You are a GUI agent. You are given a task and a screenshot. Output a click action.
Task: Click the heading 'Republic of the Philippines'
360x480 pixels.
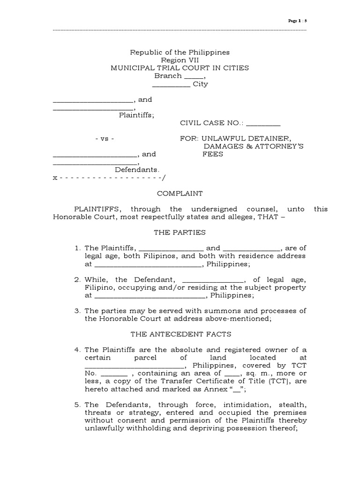tap(180, 52)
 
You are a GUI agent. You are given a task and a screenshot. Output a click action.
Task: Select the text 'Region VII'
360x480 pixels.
tap(180, 60)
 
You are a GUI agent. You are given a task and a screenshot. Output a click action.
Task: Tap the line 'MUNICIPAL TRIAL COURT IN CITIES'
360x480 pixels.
tap(180, 68)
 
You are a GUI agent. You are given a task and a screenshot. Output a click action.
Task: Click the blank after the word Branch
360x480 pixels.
tap(193, 76)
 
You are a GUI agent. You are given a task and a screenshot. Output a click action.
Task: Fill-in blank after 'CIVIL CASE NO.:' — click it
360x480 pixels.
tap(263, 123)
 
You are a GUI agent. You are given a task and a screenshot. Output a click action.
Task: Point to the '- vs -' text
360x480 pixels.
tap(105, 139)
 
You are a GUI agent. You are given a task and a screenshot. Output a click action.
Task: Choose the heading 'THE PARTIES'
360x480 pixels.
tap(180, 232)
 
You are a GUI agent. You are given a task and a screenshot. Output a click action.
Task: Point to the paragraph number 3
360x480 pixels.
tap(78, 311)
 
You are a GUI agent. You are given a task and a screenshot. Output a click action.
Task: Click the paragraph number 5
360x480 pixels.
tap(78, 405)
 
